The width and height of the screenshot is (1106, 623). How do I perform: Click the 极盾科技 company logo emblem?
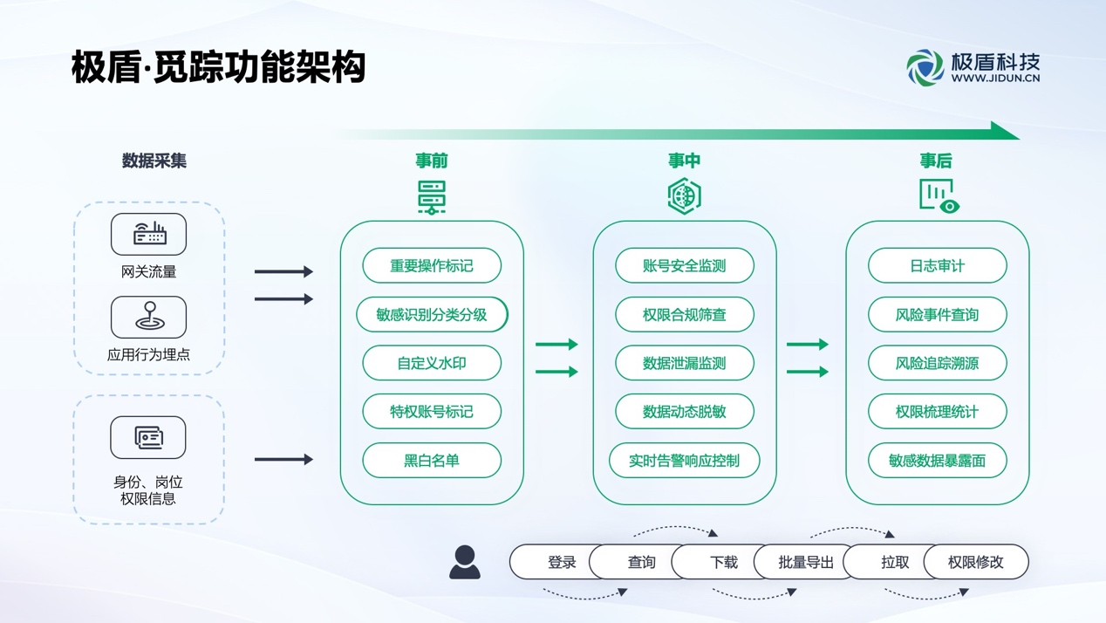(x=925, y=67)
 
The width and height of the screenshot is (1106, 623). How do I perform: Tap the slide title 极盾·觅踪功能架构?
(x=218, y=67)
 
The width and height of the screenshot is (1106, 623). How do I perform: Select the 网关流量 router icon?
(x=148, y=234)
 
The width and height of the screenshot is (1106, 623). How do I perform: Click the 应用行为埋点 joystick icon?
(x=148, y=317)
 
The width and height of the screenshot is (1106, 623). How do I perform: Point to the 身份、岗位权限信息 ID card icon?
(x=148, y=437)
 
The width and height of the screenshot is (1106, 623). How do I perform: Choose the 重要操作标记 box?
(x=432, y=266)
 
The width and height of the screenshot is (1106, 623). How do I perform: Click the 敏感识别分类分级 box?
(x=432, y=315)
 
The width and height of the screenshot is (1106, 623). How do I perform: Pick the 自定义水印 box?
(x=432, y=363)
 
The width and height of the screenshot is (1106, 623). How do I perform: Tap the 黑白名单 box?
(x=432, y=461)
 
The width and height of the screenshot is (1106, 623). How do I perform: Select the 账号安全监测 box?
(x=685, y=266)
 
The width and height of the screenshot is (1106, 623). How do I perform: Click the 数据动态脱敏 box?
(x=685, y=412)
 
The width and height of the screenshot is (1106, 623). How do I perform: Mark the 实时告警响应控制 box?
(x=685, y=461)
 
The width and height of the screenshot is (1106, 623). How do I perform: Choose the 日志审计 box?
(x=938, y=266)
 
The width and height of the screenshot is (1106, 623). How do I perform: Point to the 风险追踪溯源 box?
(x=938, y=363)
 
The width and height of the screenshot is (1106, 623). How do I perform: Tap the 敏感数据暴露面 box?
(x=938, y=461)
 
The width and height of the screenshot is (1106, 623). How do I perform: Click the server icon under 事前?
(x=432, y=197)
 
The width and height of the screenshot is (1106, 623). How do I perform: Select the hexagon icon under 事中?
(x=685, y=196)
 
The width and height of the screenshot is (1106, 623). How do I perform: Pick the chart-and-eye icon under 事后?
(x=939, y=196)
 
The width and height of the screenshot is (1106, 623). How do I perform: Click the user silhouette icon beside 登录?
(x=464, y=562)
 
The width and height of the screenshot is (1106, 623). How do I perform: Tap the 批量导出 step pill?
(x=805, y=563)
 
